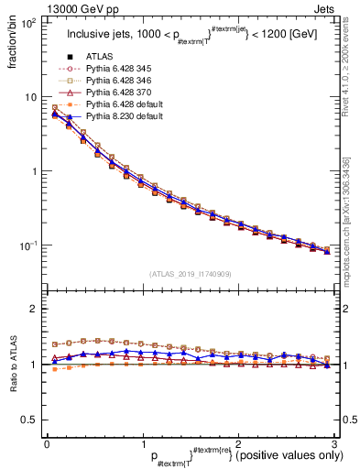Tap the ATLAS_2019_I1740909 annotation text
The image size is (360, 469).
click(189, 274)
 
